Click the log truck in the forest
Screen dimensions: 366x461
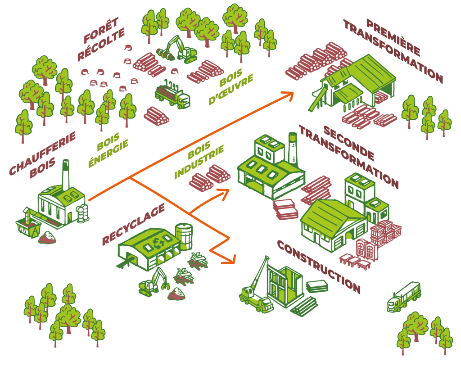[x=172, y=95]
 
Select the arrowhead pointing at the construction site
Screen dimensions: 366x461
[x=231, y=260]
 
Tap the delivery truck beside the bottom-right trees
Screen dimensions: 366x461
[x=404, y=297]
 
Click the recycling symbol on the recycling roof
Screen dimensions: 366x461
[x=158, y=244]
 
